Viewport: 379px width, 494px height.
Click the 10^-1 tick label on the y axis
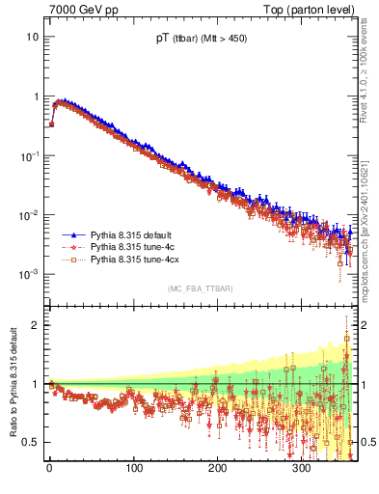point(29,155)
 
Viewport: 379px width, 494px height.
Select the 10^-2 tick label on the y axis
point(29,215)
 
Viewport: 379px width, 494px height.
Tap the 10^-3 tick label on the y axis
point(29,274)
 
